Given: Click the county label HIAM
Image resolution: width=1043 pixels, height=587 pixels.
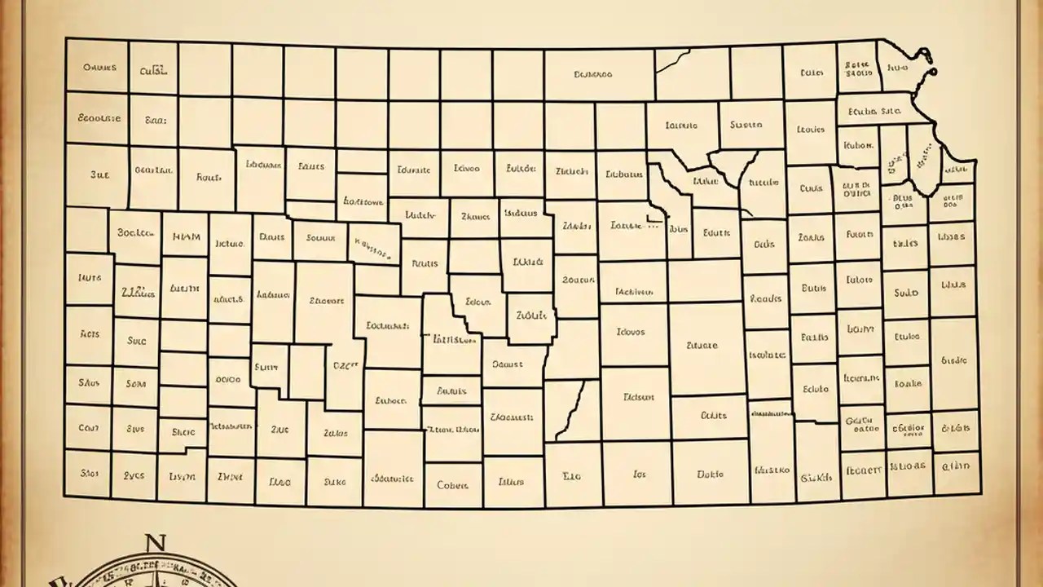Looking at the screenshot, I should pos(187,237).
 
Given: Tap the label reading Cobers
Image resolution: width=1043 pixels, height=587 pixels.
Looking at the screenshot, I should pos(452,485).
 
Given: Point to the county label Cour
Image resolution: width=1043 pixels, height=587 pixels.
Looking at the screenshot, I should pos(88,427).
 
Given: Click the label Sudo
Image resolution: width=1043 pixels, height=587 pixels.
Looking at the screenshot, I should pos(905,293).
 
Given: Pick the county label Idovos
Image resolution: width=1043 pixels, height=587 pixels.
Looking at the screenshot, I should pos(630,333).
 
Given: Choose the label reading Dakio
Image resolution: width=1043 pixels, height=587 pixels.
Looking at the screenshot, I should pos(711,473).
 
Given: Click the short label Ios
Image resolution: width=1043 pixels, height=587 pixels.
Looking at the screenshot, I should pos(638,473).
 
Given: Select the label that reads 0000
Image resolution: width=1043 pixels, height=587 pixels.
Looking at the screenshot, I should pos(229,379).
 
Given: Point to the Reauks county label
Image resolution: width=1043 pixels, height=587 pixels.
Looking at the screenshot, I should pos(765,299).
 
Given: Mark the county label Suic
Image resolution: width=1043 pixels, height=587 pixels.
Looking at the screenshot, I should pos(136,341).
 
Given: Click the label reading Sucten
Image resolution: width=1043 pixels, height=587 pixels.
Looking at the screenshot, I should pos(746,126).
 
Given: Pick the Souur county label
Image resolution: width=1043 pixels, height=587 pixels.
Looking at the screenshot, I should pos(320,238).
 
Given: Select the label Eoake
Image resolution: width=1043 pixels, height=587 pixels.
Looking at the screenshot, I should pos(906,382).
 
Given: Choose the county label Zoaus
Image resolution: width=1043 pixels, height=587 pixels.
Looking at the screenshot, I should pos(811,238).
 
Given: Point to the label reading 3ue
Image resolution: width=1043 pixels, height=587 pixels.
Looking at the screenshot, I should pos(100,174).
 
